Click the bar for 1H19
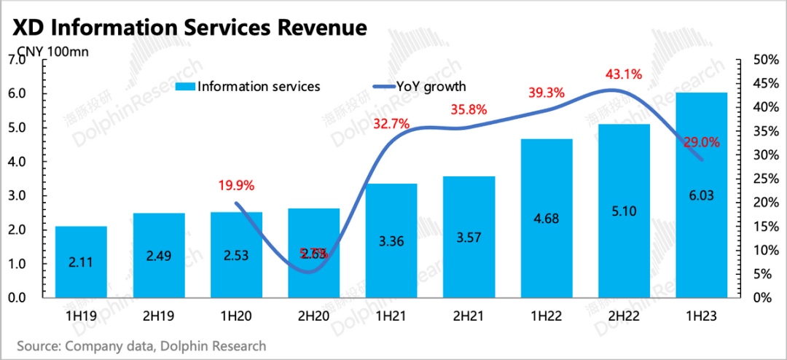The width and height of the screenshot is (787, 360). click(81, 262)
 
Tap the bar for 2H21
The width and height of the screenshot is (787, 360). click(469, 237)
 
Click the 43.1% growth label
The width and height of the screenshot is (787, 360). click(624, 74)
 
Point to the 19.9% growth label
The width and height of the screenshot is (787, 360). click(236, 185)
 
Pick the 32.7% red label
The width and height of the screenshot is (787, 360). click(391, 124)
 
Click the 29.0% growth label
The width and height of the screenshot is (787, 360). click(702, 143)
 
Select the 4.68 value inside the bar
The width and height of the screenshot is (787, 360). click(547, 238)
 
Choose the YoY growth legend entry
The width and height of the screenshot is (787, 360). click(431, 87)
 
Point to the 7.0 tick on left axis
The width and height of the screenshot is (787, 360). click(17, 60)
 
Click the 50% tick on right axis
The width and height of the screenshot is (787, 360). click(760, 60)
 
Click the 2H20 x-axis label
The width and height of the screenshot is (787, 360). click(313, 317)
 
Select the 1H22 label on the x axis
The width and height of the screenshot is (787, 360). click(547, 317)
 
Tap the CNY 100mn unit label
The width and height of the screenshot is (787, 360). click(47, 52)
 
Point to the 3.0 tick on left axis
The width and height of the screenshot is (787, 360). click(17, 196)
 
